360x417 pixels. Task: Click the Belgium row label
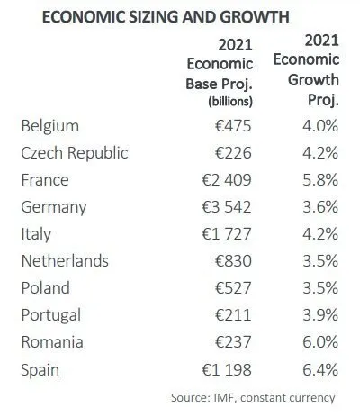(x=50, y=126)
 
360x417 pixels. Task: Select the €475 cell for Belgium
(x=233, y=126)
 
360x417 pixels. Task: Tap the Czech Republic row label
(x=75, y=153)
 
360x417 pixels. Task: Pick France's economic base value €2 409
(x=227, y=180)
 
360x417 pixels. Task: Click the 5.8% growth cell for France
(x=320, y=180)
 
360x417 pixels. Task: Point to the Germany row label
(x=54, y=207)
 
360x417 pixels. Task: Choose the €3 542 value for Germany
(x=227, y=207)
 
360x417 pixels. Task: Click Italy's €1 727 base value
(x=227, y=234)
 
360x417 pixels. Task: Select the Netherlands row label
(x=65, y=260)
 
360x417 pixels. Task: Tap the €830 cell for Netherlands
(x=233, y=261)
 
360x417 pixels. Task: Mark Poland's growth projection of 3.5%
(x=320, y=288)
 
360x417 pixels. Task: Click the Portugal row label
(x=51, y=315)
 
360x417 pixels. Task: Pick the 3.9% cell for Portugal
(x=320, y=315)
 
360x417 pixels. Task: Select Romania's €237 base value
(x=233, y=342)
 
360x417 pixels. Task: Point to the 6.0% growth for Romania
(x=320, y=342)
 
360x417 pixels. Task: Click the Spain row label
(x=40, y=370)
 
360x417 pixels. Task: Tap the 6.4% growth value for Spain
(x=320, y=369)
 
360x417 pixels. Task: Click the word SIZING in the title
(x=154, y=16)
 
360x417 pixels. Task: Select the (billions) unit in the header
(x=230, y=102)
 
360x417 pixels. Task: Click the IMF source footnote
(x=253, y=398)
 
